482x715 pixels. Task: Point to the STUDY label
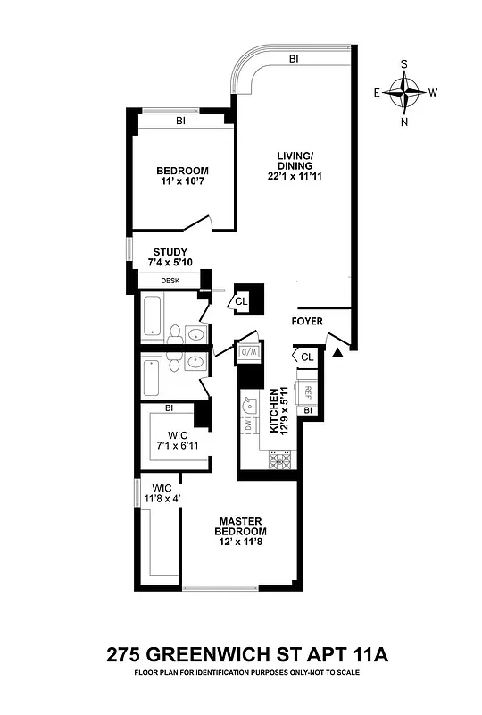[x=170, y=257]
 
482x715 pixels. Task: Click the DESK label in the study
[x=170, y=281]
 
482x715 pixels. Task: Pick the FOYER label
[x=307, y=322]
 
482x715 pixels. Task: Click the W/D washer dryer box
[x=247, y=353]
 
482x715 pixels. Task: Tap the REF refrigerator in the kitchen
[x=307, y=391]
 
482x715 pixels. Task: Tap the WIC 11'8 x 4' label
[x=162, y=494]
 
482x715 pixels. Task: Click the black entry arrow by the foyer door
[x=337, y=355]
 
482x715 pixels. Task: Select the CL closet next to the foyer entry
[x=307, y=357]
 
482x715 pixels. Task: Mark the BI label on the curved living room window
[x=293, y=60]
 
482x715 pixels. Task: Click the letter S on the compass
[x=405, y=64]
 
